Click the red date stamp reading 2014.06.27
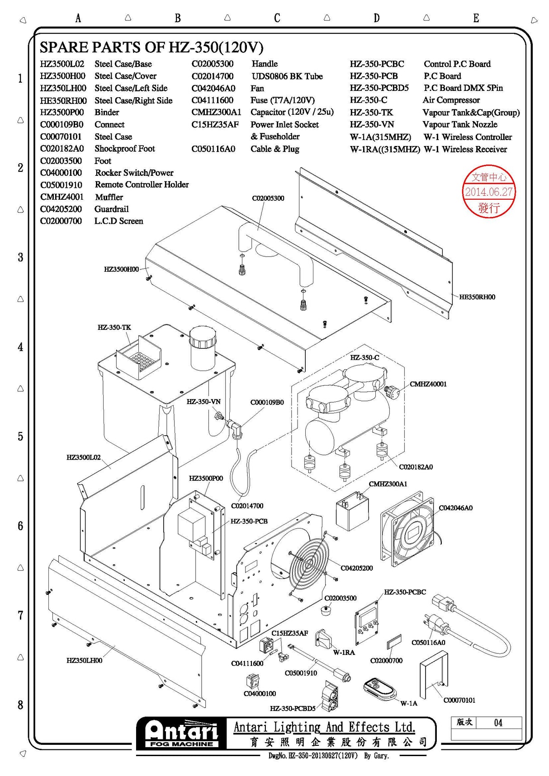click(x=488, y=192)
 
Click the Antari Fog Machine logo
click(x=181, y=734)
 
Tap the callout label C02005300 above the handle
click(x=268, y=198)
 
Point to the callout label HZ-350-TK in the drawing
click(x=114, y=327)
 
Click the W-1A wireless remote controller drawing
click(x=380, y=689)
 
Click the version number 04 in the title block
click(x=498, y=723)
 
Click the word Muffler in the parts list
click(x=109, y=197)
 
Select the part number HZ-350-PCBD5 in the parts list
click(x=379, y=88)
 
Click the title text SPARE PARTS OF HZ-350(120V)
click(x=151, y=47)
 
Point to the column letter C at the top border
click(x=277, y=18)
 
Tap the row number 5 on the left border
click(x=20, y=437)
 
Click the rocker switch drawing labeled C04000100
click(x=252, y=681)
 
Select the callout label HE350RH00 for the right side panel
click(x=477, y=297)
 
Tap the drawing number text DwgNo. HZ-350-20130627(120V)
click(x=313, y=756)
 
